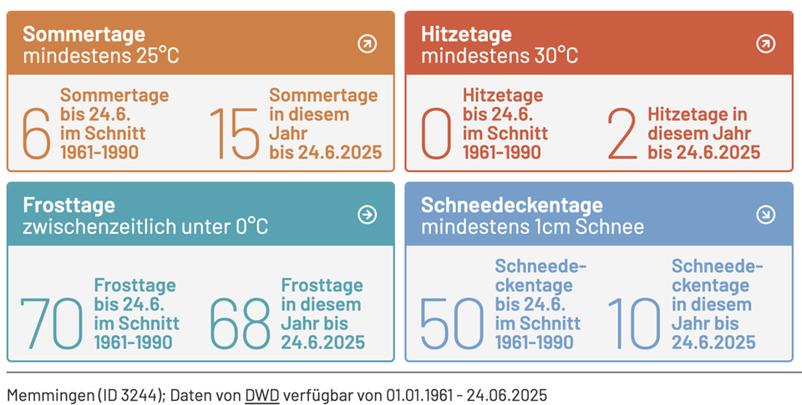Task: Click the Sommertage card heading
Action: pyautogui.click(x=84, y=34)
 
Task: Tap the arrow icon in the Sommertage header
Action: pyautogui.click(x=367, y=44)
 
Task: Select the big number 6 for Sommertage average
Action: pyautogui.click(x=36, y=134)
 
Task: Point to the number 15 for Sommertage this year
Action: pyautogui.click(x=234, y=134)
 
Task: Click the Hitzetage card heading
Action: pyautogui.click(x=465, y=34)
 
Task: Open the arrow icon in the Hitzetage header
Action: pyautogui.click(x=765, y=44)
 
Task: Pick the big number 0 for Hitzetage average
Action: pyautogui.click(x=436, y=134)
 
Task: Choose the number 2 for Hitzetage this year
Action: pyautogui.click(x=622, y=134)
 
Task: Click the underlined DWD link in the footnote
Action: pyautogui.click(x=261, y=394)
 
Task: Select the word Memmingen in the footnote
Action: pyautogui.click(x=41, y=394)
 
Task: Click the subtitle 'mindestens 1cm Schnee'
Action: pyautogui.click(x=532, y=226)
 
